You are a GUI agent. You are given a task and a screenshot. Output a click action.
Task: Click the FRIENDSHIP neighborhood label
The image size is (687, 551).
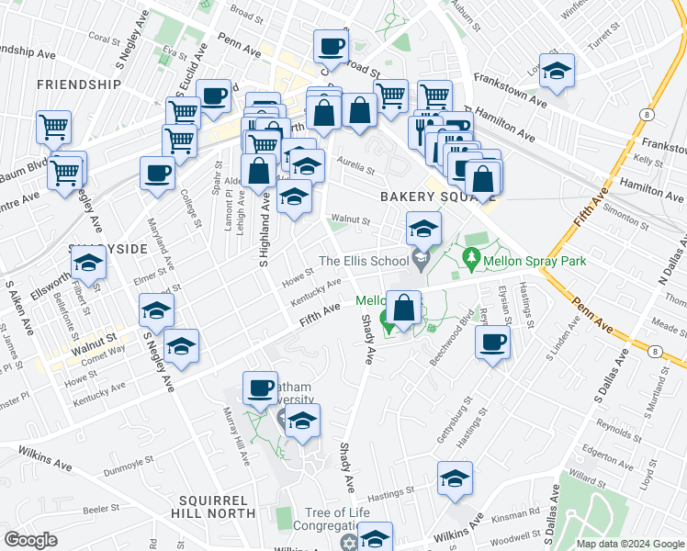click(79, 84)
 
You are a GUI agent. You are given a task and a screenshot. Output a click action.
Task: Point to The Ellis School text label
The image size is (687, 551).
click(361, 261)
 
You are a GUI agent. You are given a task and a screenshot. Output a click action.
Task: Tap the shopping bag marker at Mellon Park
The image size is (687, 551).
click(403, 309)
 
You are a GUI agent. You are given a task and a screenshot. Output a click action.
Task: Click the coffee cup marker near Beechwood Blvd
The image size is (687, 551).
click(492, 343)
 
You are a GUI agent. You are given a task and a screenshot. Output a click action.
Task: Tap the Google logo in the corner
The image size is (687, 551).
click(31, 540)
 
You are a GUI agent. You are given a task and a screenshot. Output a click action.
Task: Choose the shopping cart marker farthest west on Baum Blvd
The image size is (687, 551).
click(53, 127)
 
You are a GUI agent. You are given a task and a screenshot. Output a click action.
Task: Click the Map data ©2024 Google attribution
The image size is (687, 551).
click(629, 544)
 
